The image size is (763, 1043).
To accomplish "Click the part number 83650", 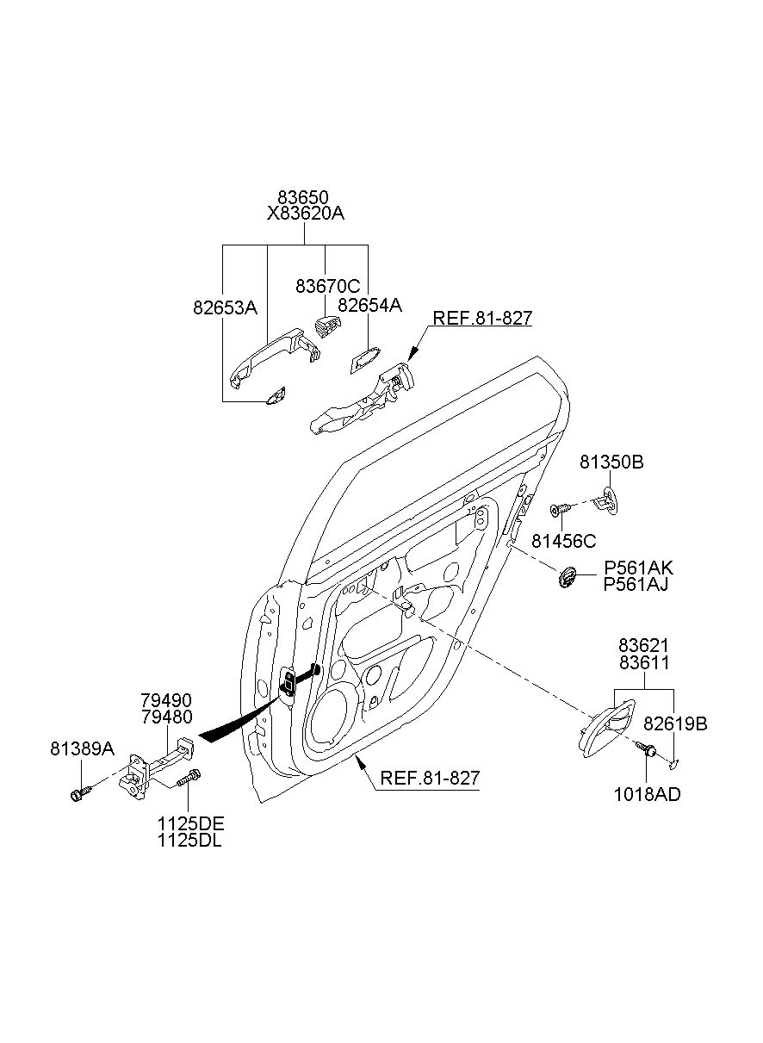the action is tap(303, 197).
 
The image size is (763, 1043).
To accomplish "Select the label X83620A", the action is tap(305, 214).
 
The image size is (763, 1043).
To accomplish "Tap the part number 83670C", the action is tap(328, 285).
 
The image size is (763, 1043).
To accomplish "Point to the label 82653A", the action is tap(226, 307).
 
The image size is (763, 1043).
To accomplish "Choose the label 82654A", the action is tap(369, 305).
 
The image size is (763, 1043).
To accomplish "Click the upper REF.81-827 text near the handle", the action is tap(482, 318).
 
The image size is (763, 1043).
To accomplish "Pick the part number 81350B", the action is tap(611, 462).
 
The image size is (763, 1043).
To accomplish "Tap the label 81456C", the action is tap(564, 541).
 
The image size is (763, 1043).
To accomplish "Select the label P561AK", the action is tap(638, 568).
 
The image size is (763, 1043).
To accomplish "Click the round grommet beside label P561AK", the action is tap(567, 576).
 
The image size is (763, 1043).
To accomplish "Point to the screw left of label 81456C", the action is tap(560, 510).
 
